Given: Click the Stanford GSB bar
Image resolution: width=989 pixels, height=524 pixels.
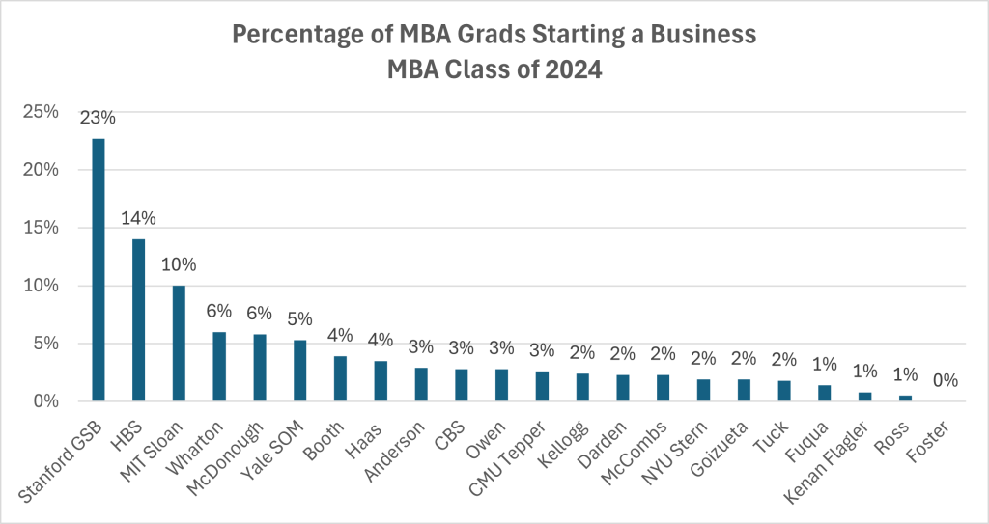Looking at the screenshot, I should pyautogui.click(x=98, y=270).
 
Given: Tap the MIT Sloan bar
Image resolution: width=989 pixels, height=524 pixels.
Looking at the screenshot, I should pyautogui.click(x=179, y=344).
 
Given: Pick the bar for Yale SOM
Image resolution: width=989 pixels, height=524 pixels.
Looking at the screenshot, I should pyautogui.click(x=299, y=371).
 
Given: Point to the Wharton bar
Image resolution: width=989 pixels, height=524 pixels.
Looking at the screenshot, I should pyautogui.click(x=219, y=367).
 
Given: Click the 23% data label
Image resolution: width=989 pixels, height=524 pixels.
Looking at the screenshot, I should pyautogui.click(x=98, y=119).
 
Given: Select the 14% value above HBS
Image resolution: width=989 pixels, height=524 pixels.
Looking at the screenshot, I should pyautogui.click(x=138, y=219).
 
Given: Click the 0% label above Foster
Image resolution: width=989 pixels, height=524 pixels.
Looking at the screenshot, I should pyautogui.click(x=946, y=381).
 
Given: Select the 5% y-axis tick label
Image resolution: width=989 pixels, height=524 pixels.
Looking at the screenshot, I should pyautogui.click(x=46, y=344).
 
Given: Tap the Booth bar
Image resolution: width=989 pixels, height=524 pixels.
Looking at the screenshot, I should pyautogui.click(x=340, y=378).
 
